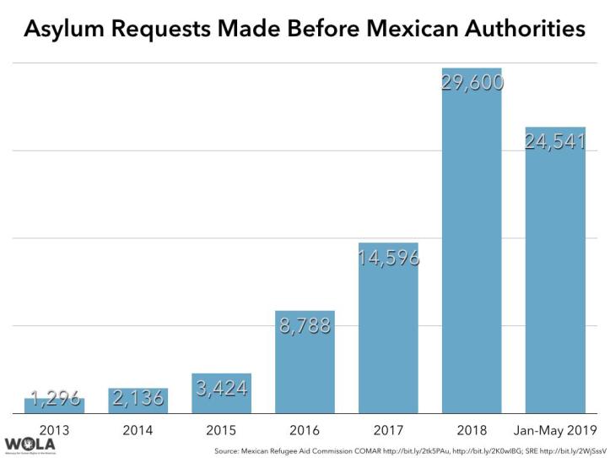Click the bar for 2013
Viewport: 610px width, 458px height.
54,406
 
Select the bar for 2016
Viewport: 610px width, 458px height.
305,363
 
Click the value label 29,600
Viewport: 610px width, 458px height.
472,82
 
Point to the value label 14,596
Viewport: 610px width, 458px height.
388,259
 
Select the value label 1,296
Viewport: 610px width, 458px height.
55,398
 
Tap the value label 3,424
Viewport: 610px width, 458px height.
221,389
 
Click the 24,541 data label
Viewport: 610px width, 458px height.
555,142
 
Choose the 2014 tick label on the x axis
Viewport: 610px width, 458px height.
138,430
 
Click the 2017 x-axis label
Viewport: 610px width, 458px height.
388,430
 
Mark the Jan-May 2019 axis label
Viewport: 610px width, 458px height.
555,430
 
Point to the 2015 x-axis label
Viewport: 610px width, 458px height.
221,430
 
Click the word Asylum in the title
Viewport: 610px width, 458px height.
63,30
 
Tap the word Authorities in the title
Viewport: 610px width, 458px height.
518,30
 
